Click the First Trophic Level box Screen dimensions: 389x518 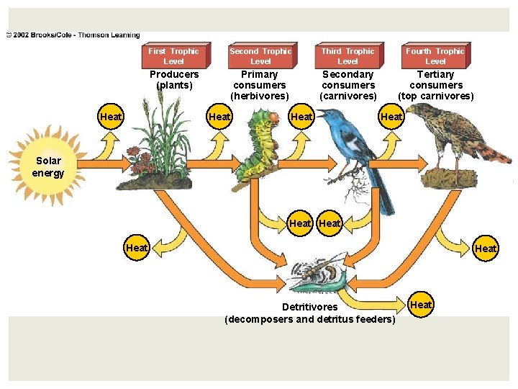(x=174, y=55)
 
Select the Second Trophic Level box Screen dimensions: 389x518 (x=260, y=55)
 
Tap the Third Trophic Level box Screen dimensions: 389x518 (x=347, y=55)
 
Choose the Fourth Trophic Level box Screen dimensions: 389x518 (x=435, y=55)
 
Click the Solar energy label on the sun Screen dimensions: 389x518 (x=48, y=166)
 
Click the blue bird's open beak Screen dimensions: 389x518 (x=321, y=113)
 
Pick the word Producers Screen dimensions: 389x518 (x=174, y=74)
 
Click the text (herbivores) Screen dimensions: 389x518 (x=260, y=96)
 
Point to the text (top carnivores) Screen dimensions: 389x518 (x=435, y=96)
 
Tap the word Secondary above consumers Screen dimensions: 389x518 (x=348, y=74)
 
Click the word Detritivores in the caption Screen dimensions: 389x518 (x=310, y=307)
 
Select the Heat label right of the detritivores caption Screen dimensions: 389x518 (x=421, y=305)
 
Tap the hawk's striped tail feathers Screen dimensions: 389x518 (x=494, y=153)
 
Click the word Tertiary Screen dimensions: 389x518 (x=436, y=74)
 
